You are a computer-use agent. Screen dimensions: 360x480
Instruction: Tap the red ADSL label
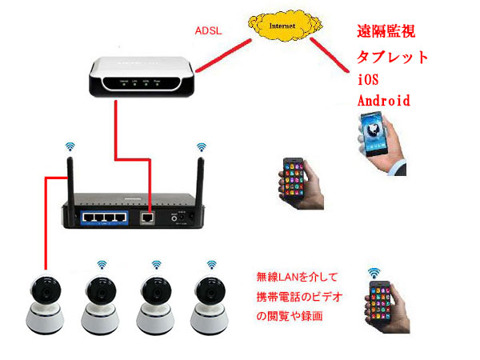point(209,32)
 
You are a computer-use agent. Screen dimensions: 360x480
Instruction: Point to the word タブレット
point(393,58)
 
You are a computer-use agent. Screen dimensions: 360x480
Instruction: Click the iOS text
point(368,80)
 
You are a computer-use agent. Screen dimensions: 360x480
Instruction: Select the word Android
point(384,101)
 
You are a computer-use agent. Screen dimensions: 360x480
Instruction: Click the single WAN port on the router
point(146,215)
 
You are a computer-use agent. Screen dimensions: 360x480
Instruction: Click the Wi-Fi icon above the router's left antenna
point(70,146)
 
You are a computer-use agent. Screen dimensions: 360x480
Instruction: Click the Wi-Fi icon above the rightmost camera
point(211,264)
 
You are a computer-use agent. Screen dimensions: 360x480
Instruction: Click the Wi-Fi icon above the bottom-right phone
point(373,272)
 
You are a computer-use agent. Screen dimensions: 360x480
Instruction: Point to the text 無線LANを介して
point(296,278)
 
